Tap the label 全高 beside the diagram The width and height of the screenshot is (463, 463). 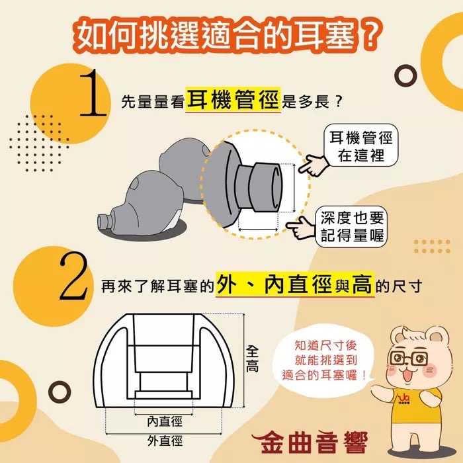pos(252,357)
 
